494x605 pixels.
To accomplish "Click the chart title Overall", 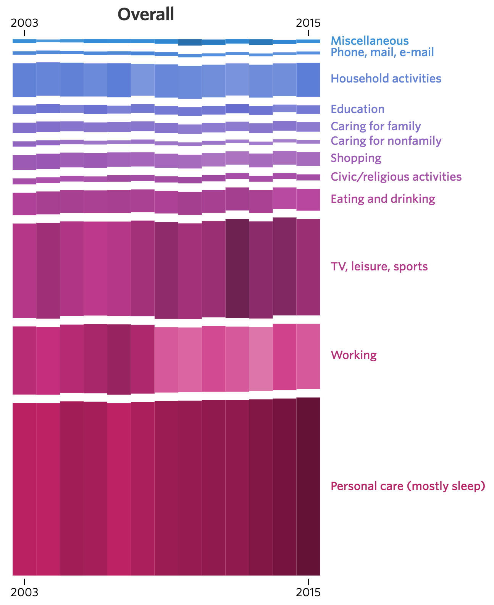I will [x=146, y=15].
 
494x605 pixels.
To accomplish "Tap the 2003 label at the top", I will [x=24, y=23].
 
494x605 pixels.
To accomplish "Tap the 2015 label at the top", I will [x=308, y=23].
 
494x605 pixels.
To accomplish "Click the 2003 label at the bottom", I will [x=24, y=592].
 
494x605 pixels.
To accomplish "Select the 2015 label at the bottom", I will [x=308, y=592].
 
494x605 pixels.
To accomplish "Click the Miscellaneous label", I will [x=370, y=40].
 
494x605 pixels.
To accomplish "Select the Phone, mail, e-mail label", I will [x=382, y=52].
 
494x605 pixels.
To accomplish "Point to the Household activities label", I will [x=386, y=78].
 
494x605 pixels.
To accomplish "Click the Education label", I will [x=357, y=109].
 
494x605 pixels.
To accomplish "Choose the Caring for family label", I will [x=376, y=126].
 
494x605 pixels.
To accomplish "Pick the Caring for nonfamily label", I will [x=386, y=141].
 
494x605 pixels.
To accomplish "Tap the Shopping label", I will [x=356, y=158].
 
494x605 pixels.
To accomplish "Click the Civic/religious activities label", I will [x=396, y=176].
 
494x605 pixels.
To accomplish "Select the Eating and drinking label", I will [x=383, y=199].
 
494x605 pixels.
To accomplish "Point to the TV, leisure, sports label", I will [x=379, y=266].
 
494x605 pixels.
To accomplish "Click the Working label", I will [x=354, y=355].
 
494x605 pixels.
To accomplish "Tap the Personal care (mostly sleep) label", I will [x=408, y=486].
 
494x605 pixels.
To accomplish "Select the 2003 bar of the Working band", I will [x=24, y=360].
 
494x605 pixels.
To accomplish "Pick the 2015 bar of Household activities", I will [x=308, y=79].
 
